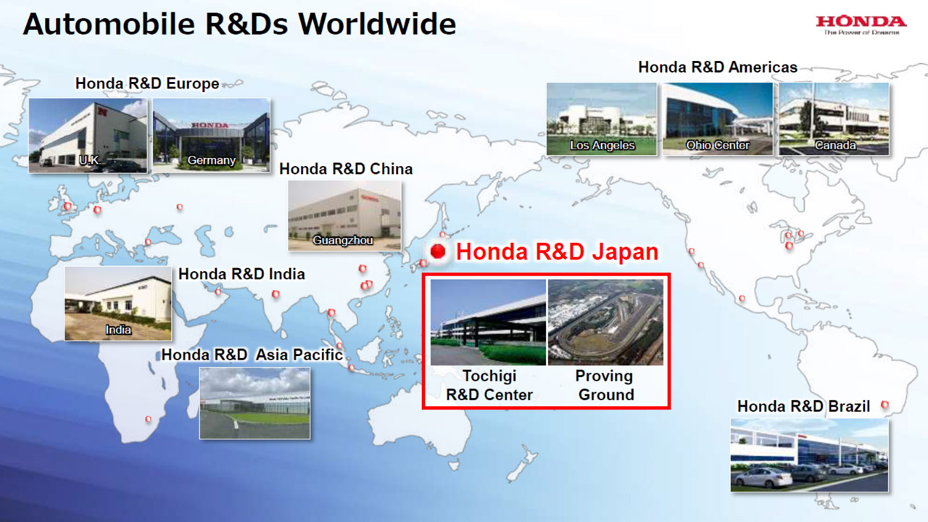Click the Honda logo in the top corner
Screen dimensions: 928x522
pyautogui.click(x=861, y=25)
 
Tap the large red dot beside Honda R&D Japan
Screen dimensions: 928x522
pyautogui.click(x=437, y=251)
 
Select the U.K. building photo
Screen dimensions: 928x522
pyautogui.click(x=88, y=136)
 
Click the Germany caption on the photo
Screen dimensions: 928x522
pyautogui.click(x=211, y=160)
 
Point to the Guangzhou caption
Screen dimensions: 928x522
pyautogui.click(x=343, y=240)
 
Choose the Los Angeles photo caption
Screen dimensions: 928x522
pyautogui.click(x=602, y=145)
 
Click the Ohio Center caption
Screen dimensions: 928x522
pyautogui.click(x=718, y=145)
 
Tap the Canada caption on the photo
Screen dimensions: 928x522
pyautogui.click(x=834, y=145)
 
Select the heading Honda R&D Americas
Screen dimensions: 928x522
pyautogui.click(x=718, y=67)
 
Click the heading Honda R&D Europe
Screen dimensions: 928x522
pyautogui.click(x=147, y=83)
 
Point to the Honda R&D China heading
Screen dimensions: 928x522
pyautogui.click(x=346, y=169)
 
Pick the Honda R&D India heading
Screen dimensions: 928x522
pyautogui.click(x=241, y=274)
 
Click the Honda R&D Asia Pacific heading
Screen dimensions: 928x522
pyautogui.click(x=252, y=355)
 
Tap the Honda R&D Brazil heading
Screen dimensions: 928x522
pyautogui.click(x=804, y=407)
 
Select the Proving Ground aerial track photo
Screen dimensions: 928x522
pyautogui.click(x=605, y=323)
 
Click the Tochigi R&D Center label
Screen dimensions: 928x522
pyautogui.click(x=489, y=385)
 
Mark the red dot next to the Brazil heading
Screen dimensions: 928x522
pyautogui.click(x=884, y=405)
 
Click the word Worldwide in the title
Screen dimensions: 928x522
pyautogui.click(x=377, y=24)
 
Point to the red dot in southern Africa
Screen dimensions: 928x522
pyautogui.click(x=149, y=419)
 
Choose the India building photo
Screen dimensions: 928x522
pyautogui.click(x=118, y=304)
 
